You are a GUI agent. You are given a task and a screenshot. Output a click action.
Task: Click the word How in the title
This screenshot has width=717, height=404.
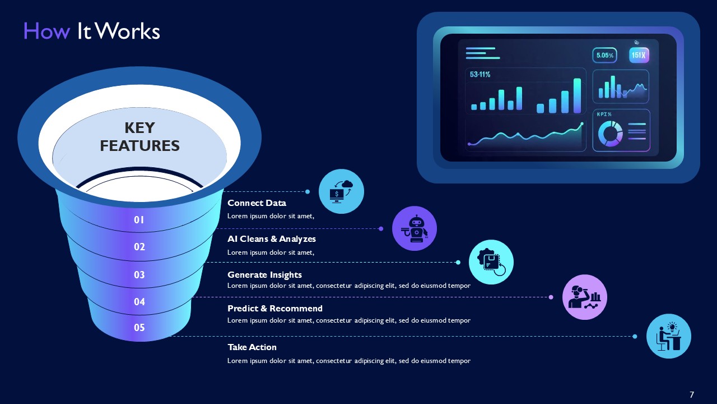pos(46,31)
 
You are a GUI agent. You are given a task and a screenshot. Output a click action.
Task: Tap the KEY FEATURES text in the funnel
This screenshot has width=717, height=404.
pos(139,136)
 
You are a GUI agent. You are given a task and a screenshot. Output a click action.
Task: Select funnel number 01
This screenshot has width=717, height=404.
pos(139,220)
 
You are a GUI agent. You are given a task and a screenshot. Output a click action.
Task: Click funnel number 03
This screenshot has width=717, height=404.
pos(139,274)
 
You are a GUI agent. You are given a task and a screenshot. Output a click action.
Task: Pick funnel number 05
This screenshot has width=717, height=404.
pos(139,327)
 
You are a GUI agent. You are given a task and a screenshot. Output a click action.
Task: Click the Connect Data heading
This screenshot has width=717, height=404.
pos(257,203)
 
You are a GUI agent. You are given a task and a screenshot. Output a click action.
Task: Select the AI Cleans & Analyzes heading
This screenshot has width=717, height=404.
pos(272,239)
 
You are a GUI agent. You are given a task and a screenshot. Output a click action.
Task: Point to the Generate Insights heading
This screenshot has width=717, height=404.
pos(264,274)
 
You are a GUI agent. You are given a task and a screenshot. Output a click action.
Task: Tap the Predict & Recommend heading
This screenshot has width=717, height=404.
pos(275,309)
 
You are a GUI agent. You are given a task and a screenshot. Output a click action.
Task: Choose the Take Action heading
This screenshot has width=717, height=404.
pos(252,347)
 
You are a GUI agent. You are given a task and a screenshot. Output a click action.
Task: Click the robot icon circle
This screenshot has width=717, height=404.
pos(415,228)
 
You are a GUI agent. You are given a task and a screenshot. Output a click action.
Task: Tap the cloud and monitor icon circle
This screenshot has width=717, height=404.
pos(341,191)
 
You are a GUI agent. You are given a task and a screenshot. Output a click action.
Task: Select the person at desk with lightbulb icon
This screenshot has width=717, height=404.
pos(669,336)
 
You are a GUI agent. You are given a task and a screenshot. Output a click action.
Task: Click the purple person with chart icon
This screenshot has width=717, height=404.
pos(585,297)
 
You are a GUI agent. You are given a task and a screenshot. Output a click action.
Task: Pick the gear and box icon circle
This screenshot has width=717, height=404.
pos(491,262)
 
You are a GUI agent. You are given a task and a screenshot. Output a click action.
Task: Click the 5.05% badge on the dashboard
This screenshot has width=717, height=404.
pos(605,56)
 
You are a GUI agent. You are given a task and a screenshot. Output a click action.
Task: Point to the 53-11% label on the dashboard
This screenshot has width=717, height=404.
pos(480,74)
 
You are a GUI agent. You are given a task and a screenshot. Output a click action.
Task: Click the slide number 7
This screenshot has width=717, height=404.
pos(692,394)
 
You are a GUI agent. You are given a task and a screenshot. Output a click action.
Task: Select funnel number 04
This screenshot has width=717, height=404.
pos(139,302)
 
